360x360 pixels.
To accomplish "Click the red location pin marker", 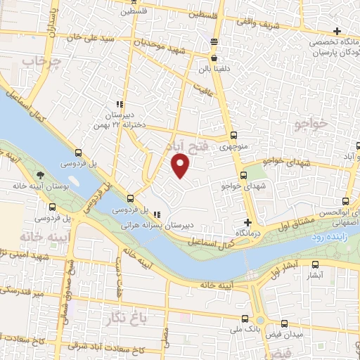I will coord(181,166).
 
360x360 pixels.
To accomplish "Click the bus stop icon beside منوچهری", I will coord(235,136).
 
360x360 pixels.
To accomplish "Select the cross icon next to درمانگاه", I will coord(247,222).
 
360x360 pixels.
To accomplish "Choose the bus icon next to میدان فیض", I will coord(284,324).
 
